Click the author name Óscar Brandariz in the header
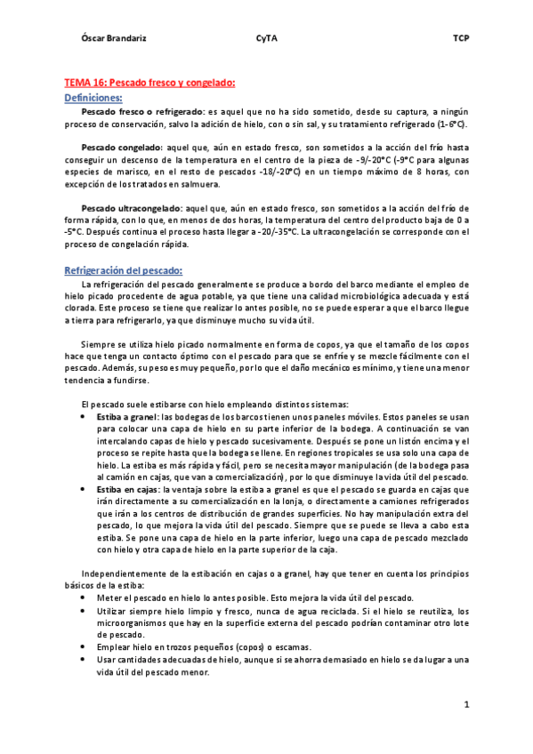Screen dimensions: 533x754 coord(109,40)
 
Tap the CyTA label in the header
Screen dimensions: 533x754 coord(265,40)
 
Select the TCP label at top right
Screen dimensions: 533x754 coord(460,40)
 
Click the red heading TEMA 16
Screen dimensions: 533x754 coord(149,83)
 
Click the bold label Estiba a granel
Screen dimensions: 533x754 coord(126,416)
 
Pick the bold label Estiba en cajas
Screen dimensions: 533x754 coord(126,489)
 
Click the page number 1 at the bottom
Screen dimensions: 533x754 coord(465,705)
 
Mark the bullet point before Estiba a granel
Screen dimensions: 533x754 coord(83,416)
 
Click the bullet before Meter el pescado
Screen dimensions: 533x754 coord(83,598)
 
